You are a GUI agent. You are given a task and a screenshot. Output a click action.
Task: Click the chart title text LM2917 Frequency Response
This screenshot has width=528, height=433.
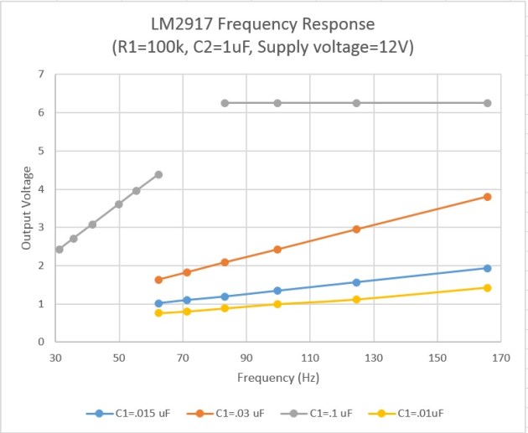(264, 22)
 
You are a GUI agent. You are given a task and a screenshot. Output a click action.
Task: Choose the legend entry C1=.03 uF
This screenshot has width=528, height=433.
(236, 413)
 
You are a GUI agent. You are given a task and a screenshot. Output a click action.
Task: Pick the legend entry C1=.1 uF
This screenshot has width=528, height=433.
(335, 413)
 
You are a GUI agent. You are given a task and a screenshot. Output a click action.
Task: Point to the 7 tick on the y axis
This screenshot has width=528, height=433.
(41, 75)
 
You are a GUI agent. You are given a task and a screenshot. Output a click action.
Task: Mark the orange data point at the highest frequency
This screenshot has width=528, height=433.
(487, 197)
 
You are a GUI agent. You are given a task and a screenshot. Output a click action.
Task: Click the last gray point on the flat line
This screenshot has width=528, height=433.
(487, 103)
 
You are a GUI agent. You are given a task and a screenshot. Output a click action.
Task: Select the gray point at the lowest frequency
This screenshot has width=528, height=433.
(60, 250)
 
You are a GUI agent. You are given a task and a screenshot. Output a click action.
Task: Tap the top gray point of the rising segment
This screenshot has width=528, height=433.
(158, 174)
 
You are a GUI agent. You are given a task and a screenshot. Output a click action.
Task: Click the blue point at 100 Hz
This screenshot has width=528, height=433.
(277, 291)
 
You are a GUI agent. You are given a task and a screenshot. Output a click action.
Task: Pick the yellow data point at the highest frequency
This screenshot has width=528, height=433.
(487, 288)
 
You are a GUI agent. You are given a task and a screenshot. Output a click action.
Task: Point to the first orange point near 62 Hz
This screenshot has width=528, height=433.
(158, 280)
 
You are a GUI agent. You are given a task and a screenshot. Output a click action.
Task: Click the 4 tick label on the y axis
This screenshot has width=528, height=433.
(41, 189)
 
